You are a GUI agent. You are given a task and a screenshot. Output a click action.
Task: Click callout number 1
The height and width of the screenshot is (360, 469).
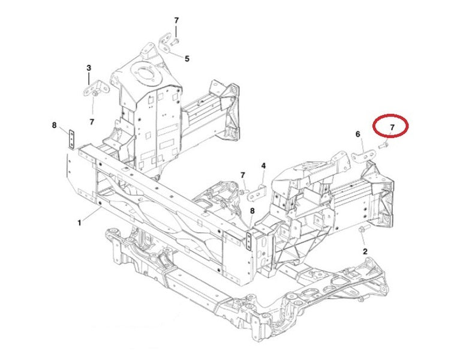(79, 223)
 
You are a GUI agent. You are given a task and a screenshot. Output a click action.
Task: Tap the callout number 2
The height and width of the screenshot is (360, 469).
(365, 251)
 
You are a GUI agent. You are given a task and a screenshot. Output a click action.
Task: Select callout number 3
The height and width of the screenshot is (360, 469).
(89, 68)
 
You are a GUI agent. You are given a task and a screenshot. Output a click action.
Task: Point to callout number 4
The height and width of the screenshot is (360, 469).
(263, 166)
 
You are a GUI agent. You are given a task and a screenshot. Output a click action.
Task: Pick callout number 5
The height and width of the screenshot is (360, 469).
(187, 59)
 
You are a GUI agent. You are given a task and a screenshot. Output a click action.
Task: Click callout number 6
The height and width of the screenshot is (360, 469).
(357, 134)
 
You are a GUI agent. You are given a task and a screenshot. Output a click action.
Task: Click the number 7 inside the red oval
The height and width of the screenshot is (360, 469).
(392, 127)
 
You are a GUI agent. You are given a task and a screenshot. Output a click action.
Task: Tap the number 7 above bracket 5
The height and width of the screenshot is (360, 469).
(176, 20)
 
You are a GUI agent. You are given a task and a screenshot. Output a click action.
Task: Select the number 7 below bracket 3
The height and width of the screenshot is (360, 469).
(92, 122)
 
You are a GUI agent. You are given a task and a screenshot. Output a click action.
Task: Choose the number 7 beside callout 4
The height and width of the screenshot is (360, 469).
(242, 175)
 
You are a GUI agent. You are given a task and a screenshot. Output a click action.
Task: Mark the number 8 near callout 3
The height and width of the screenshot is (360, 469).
(54, 125)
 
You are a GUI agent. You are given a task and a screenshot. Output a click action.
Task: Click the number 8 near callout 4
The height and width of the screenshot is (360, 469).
(252, 211)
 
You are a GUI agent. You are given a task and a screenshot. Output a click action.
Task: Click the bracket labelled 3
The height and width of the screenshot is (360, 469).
(95, 89)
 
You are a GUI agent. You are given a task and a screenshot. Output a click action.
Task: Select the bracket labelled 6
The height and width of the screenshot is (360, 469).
(363, 157)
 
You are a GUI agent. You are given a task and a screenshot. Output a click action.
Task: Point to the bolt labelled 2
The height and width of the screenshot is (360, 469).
(362, 230)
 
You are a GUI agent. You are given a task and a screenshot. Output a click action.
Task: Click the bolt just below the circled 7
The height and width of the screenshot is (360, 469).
(383, 146)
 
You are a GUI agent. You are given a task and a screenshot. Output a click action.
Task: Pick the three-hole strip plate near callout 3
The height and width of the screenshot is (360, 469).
(72, 139)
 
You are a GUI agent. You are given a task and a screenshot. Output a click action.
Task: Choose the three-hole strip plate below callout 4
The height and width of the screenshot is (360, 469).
(249, 240)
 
